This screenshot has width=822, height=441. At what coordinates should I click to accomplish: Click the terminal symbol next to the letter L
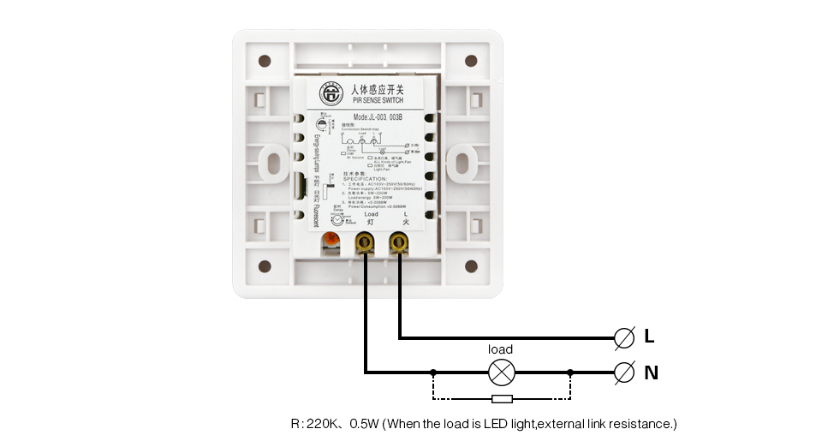click(625, 337)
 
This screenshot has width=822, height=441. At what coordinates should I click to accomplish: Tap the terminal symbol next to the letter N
click(625, 372)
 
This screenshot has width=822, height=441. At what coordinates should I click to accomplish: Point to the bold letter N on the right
click(651, 372)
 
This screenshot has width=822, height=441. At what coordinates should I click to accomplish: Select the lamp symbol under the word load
click(500, 372)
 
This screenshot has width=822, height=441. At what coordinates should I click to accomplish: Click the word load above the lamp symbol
click(500, 349)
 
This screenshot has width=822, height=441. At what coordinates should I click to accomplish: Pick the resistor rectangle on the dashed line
click(502, 399)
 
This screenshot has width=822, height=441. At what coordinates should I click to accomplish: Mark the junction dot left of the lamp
click(434, 372)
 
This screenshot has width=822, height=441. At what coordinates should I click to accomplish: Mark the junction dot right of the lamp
click(569, 372)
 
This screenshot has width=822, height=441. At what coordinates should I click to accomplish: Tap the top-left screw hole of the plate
click(265, 61)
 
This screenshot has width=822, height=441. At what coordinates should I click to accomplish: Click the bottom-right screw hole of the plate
click(470, 265)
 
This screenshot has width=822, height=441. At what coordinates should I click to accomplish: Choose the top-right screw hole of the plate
click(470, 61)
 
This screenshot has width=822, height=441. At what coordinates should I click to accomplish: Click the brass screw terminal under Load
click(366, 244)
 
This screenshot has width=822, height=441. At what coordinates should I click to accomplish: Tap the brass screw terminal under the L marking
click(397, 244)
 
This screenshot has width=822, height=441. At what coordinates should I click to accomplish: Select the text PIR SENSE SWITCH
click(378, 100)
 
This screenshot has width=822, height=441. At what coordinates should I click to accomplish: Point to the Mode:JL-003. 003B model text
click(378, 117)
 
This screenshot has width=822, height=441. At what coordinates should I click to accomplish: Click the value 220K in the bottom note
click(325, 424)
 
